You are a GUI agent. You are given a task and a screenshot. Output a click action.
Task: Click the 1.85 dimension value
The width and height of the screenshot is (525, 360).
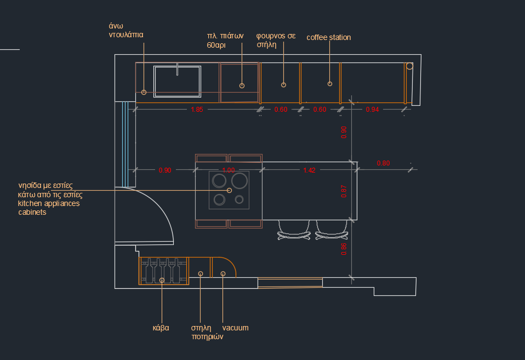pyautogui.click(x=197, y=110)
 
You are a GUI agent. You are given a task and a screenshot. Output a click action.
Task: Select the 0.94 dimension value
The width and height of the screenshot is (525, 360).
pyautogui.click(x=372, y=110)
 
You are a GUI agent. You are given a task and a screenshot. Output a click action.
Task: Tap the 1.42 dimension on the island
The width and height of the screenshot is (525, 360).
pyautogui.click(x=310, y=170)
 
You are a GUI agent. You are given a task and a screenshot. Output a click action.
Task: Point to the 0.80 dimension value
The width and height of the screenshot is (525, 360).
pyautogui.click(x=384, y=163)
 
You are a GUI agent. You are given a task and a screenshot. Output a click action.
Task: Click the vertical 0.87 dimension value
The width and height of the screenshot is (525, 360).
pyautogui.click(x=344, y=191)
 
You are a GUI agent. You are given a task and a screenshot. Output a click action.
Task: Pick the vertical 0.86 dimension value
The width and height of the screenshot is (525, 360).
pyautogui.click(x=344, y=249)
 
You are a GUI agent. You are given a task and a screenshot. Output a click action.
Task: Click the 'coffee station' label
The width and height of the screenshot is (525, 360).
pyautogui.click(x=329, y=37)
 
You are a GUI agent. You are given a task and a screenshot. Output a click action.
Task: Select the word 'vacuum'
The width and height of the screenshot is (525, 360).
pyautogui.click(x=236, y=328)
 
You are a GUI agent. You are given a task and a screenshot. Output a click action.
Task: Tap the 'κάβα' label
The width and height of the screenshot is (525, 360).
pyautogui.click(x=161, y=328)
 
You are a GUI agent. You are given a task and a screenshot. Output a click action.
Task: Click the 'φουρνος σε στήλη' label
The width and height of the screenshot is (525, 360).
pyautogui.click(x=276, y=40)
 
